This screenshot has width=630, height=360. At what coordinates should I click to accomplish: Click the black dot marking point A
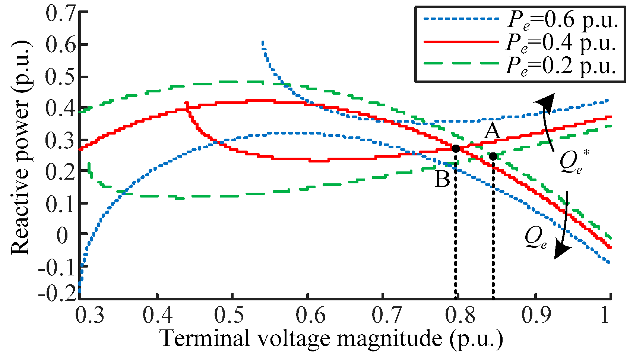[493, 157]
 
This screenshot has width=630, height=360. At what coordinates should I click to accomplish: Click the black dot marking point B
[456, 148]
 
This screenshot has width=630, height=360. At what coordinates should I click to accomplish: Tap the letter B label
[443, 179]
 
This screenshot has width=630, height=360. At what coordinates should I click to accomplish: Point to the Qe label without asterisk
[536, 238]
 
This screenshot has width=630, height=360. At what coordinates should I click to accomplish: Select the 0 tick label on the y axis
[62, 236]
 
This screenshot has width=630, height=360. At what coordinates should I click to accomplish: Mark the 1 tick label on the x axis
[605, 315]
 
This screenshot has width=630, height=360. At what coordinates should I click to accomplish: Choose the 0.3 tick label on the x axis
[90, 315]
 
